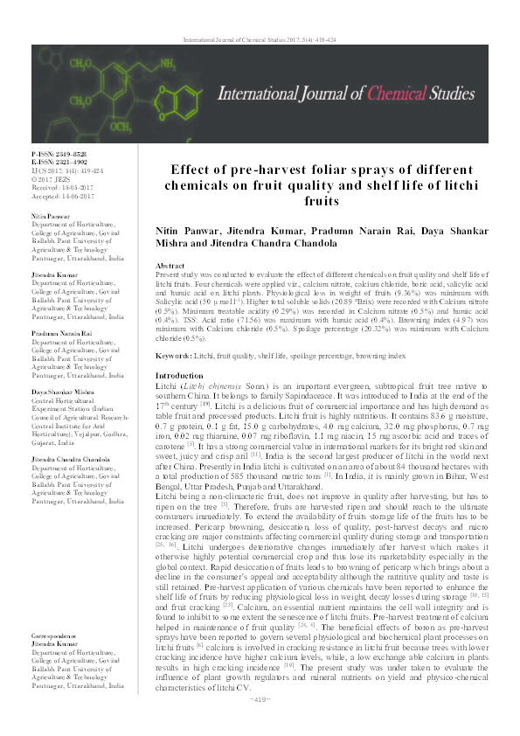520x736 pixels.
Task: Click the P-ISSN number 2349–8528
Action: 67,153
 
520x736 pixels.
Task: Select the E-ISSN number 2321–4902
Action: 67,161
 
